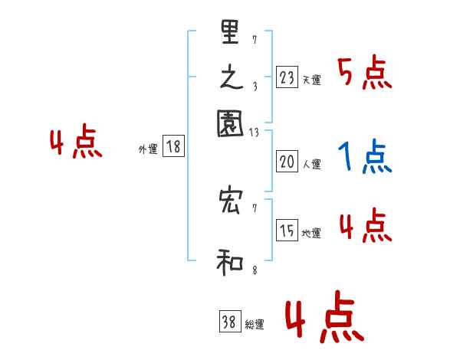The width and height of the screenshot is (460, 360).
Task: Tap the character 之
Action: click(230, 78)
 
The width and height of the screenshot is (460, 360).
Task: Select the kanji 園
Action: click(230, 123)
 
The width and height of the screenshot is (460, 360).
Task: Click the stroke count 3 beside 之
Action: click(254, 87)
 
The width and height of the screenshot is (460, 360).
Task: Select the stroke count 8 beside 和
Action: click(254, 270)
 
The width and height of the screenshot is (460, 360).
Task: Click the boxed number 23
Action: click(286, 77)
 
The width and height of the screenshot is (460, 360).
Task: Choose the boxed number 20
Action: click(286, 161)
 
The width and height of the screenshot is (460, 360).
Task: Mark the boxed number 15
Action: click(287, 231)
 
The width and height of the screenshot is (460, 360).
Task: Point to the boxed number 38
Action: click(229, 322)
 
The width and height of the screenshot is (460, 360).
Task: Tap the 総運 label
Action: click(255, 325)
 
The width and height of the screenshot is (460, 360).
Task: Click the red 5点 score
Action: click(364, 74)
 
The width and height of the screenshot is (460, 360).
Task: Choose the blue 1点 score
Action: click(364, 158)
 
